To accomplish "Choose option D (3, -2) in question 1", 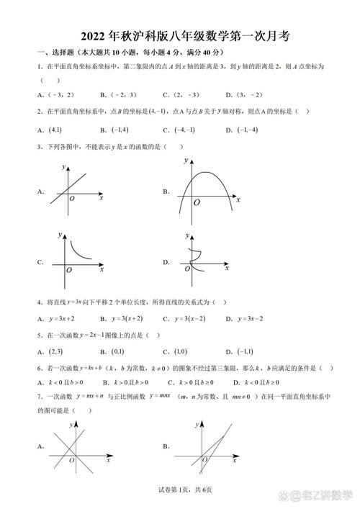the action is [248, 94].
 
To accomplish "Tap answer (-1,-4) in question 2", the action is [248, 130].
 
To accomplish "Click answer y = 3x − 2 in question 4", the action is [248, 318].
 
